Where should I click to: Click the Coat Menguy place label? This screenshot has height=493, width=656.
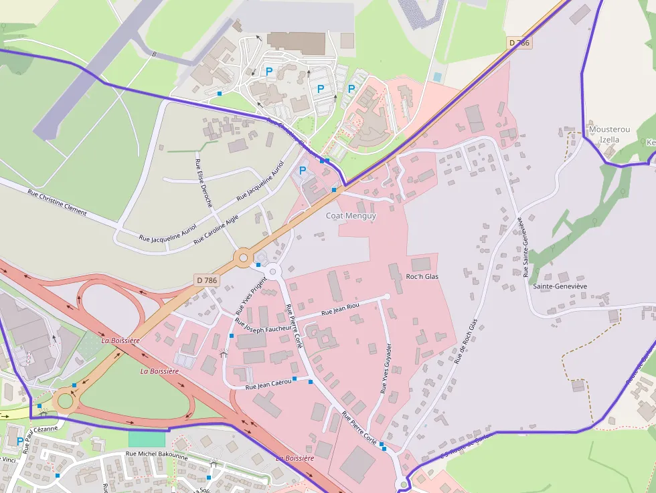tap(351, 216)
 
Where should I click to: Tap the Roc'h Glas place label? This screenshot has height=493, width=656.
tap(422, 276)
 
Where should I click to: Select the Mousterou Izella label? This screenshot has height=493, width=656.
tap(604, 134)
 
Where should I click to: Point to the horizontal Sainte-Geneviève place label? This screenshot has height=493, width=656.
tap(560, 286)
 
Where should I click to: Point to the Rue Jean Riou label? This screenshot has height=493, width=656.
tap(340, 309)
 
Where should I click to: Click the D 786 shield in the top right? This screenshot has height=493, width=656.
tap(519, 43)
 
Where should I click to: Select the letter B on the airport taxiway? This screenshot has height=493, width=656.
tap(153, 54)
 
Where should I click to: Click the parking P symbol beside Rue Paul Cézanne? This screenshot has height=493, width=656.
tap(20, 441)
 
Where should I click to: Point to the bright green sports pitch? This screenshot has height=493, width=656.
tap(147, 439)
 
